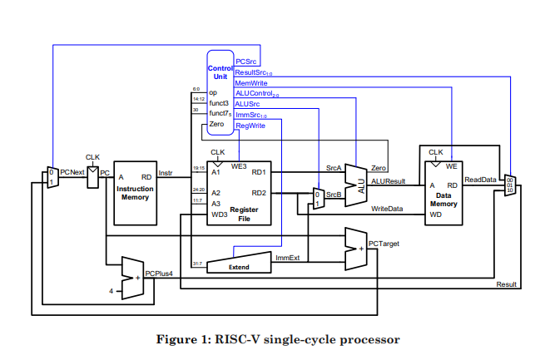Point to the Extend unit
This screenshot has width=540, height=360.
239,264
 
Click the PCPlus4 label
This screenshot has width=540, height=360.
158,273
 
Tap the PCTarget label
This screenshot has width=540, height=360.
384,244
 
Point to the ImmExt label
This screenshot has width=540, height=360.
287,258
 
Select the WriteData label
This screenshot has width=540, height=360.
387,209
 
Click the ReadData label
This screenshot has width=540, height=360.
480,180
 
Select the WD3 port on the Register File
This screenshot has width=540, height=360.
219,215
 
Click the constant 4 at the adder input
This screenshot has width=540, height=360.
111,290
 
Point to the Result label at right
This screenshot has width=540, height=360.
506,284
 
